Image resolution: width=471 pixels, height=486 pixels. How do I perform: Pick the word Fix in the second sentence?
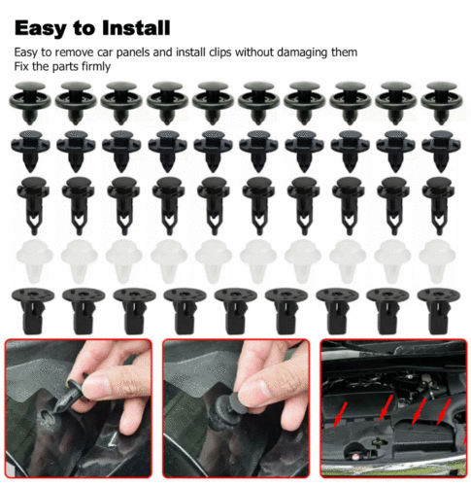21,66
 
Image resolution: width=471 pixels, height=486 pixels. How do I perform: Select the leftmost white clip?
29,257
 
